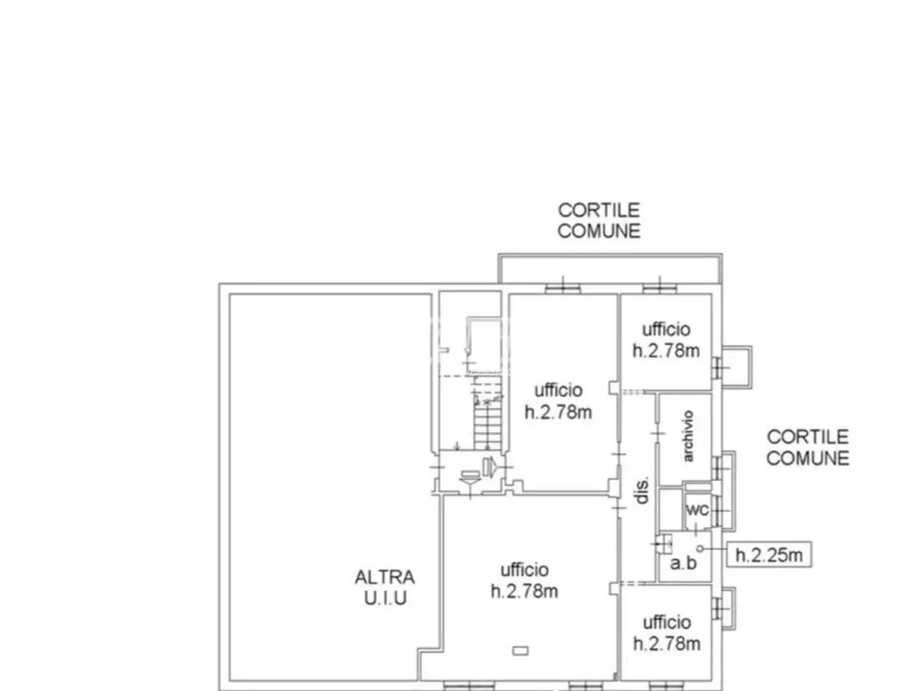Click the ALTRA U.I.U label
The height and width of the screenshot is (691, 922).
[385, 587]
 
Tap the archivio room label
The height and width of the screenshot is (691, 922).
[688, 436]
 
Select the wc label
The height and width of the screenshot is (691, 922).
[697, 510]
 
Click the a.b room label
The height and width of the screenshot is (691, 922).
[683, 563]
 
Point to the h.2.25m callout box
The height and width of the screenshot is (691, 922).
[769, 555]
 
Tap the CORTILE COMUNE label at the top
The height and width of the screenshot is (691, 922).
[599, 221]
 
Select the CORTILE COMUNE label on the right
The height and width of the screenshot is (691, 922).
[807, 448]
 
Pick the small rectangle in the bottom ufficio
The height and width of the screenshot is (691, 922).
[521, 651]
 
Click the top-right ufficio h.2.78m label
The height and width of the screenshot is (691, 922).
[666, 340]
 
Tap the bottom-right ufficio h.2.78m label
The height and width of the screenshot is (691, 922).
[667, 633]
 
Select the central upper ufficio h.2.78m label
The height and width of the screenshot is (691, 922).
[558, 402]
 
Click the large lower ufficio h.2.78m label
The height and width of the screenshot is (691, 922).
[524, 581]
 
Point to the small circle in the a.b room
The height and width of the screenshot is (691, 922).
[700, 548]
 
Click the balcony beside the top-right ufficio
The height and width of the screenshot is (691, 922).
[737, 367]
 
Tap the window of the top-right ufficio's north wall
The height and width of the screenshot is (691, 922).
[660, 288]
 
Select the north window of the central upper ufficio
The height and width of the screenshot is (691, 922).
[563, 288]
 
